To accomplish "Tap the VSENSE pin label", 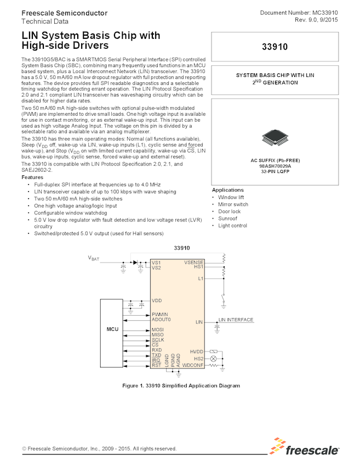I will click(193, 263).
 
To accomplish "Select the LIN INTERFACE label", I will click(236, 320).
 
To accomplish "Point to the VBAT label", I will click(94, 258).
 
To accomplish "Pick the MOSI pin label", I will click(158, 329).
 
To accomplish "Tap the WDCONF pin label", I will click(193, 365).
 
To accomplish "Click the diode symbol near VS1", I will click(135, 263).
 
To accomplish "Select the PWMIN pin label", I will click(160, 314).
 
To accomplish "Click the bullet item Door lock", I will click(229, 211).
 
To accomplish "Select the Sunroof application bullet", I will click(227, 218).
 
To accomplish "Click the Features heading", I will click(32, 177).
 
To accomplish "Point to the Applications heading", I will click(228, 190).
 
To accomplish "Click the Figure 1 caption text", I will click(180, 385).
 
